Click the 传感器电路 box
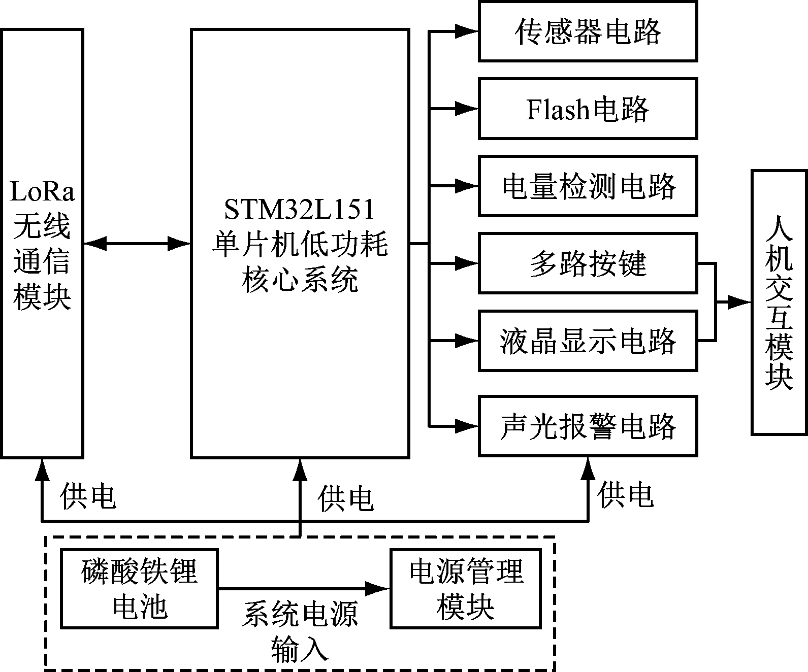coord(588,31)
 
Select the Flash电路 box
coord(588,109)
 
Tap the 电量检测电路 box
coord(588,186)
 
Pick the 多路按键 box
coord(588,263)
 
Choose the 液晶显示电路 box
coord(588,340)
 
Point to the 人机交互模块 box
coord(779,303)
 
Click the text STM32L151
coord(300,209)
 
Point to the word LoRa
coord(42,192)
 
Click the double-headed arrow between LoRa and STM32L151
coord(137,244)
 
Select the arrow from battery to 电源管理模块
coord(303,589)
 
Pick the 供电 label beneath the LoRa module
coord(88,496)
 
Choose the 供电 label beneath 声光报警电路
coord(625,495)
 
